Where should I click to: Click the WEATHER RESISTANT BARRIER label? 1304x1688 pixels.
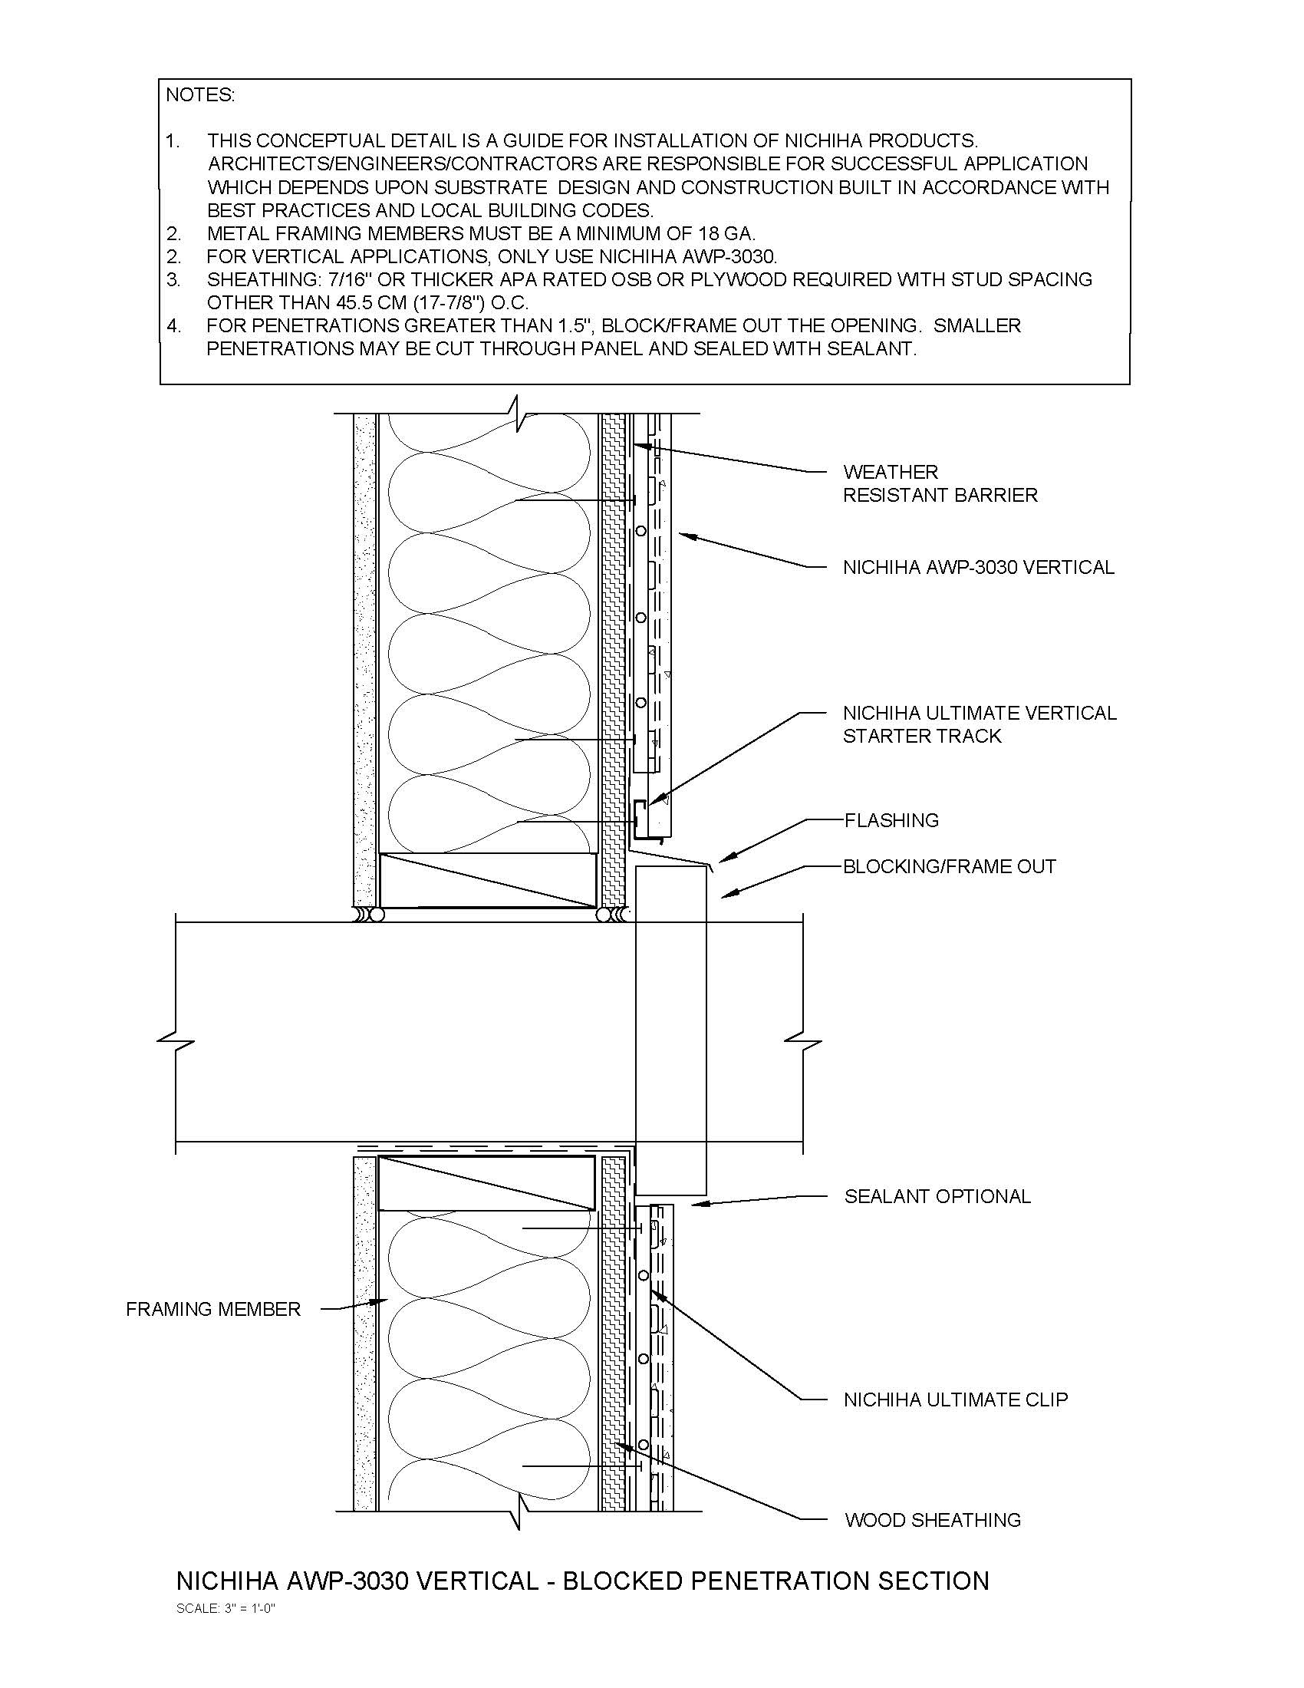pyautogui.click(x=940, y=483)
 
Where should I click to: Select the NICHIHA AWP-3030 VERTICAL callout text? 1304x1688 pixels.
pyautogui.click(x=978, y=567)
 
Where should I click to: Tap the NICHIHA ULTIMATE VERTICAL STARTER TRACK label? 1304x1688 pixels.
pyautogui.click(x=979, y=724)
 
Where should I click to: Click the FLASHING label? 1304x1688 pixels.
pyautogui.click(x=891, y=820)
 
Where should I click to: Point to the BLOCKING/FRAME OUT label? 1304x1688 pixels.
pyautogui.click(x=949, y=866)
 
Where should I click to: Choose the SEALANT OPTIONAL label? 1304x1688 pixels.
pyautogui.click(x=937, y=1196)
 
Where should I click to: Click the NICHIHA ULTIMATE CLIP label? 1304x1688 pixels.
pyautogui.click(x=955, y=1400)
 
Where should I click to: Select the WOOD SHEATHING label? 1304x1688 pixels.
pyautogui.click(x=933, y=1520)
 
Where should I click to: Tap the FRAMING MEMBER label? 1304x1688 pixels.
pyautogui.click(x=213, y=1309)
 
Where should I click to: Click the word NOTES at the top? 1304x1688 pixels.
pyautogui.click(x=200, y=95)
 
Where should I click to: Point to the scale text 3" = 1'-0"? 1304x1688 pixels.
pyautogui.click(x=226, y=1608)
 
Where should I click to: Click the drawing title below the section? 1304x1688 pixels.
pyautogui.click(x=582, y=1581)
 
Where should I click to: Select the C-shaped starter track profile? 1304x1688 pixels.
pyautogui.click(x=641, y=819)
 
